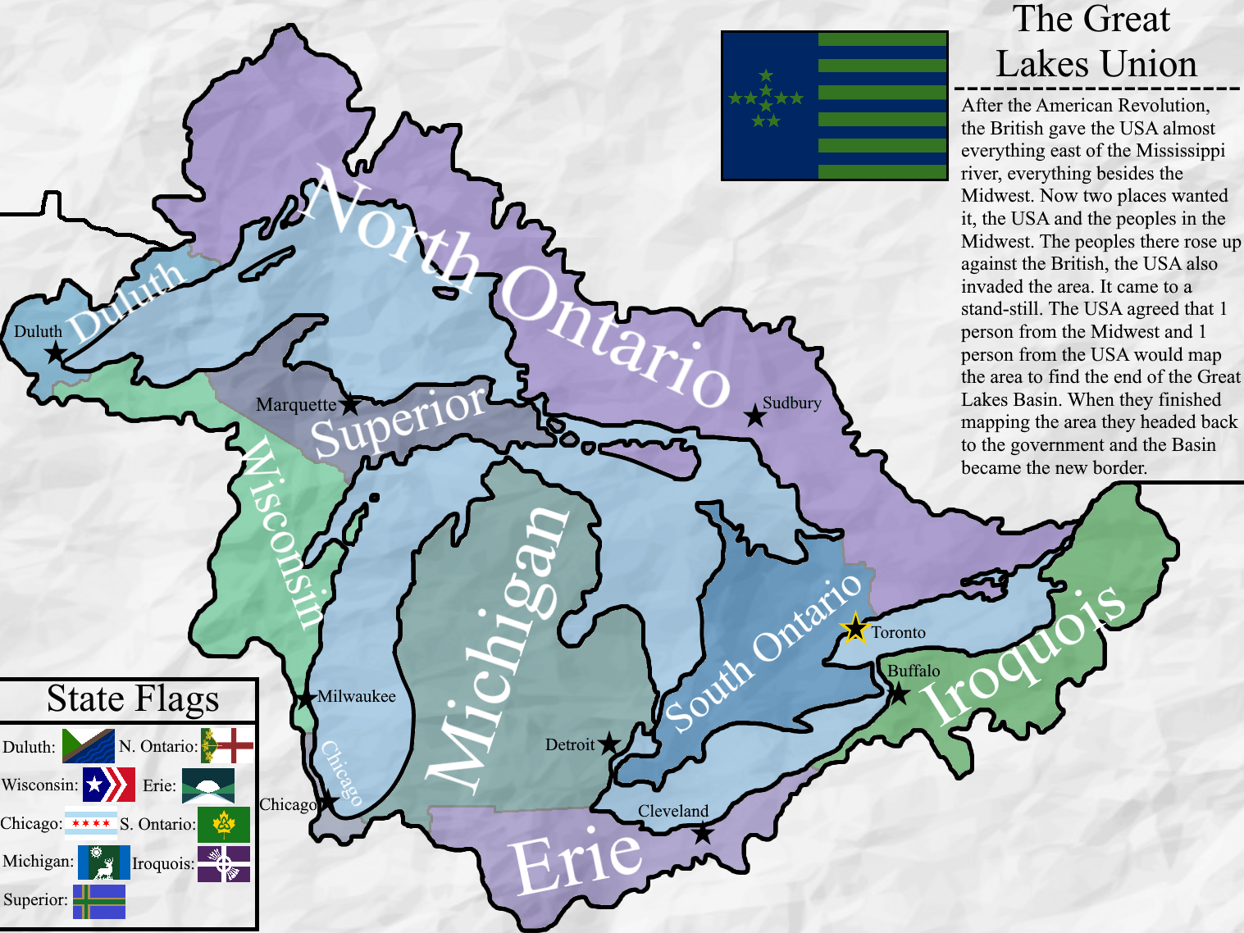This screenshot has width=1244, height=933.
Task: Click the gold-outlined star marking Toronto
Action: [854, 629]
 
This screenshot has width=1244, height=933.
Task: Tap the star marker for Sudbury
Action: [754, 416]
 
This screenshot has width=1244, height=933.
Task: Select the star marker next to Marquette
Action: [350, 404]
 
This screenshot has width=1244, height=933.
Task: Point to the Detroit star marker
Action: [608, 744]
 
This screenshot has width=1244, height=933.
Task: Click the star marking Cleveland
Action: [703, 833]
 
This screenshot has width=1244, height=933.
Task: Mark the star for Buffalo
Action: [899, 694]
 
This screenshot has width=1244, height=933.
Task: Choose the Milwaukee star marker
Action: [306, 699]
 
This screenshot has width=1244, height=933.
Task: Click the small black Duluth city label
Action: [38, 331]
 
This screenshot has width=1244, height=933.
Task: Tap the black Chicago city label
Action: [287, 804]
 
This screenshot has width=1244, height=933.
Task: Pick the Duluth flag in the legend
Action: [89, 745]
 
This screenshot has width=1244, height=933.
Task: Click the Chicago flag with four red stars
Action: [91, 822]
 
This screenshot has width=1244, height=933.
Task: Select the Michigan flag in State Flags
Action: [103, 862]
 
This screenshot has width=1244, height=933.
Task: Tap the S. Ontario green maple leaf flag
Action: [224, 824]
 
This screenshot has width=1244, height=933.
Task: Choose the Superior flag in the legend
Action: [99, 901]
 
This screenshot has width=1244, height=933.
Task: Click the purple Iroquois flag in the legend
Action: [224, 863]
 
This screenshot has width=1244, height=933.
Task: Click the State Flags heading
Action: [133, 699]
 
